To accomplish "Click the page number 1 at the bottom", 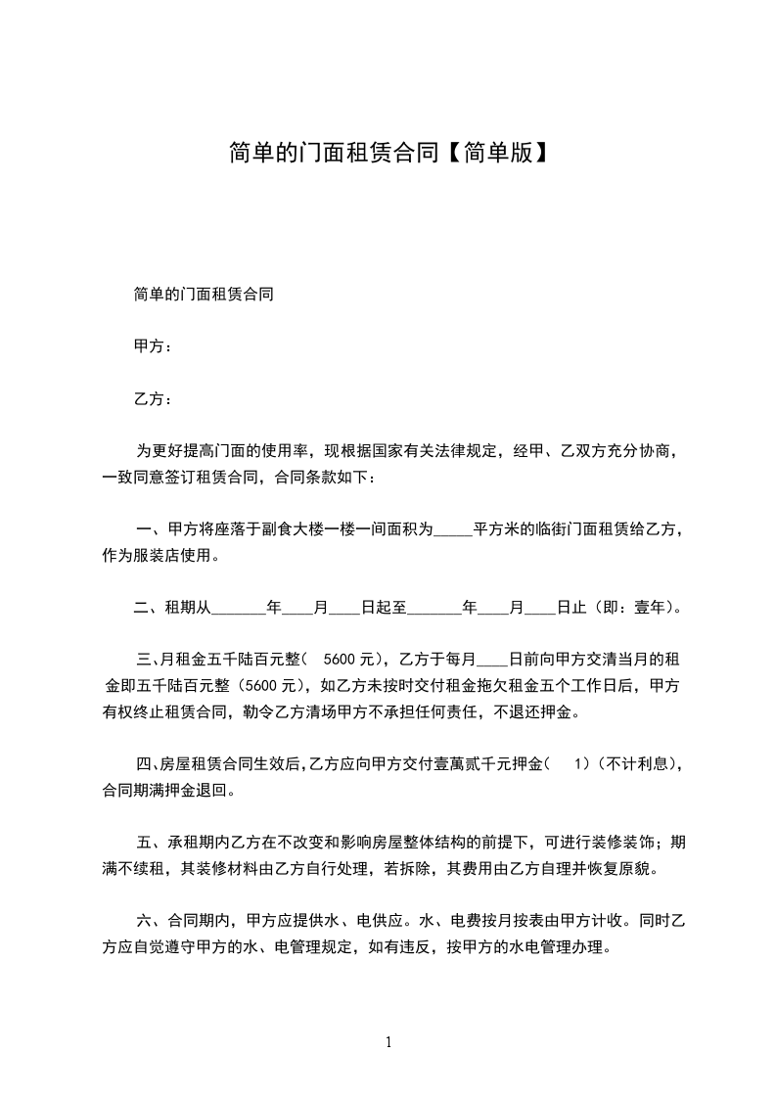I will click(388, 1042).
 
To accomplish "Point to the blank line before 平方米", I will click(452, 530).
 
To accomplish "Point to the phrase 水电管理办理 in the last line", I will click(556, 947).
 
